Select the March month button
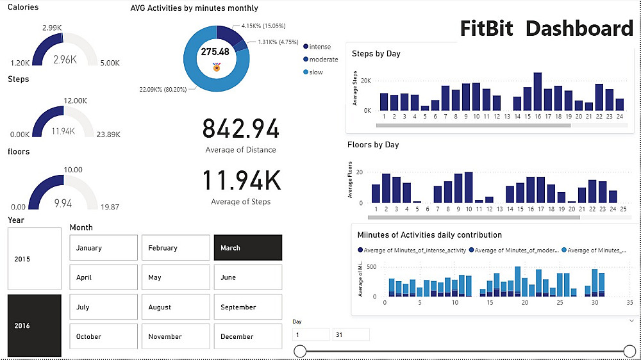(247, 248)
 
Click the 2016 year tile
(35, 325)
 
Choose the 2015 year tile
(35, 259)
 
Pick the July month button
(103, 307)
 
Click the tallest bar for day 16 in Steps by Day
(537, 92)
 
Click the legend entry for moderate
(323, 59)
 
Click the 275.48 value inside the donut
(215, 52)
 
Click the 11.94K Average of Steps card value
(241, 181)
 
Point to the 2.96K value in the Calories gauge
(64, 60)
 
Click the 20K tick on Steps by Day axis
(365, 81)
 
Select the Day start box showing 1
(311, 334)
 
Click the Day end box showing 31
(351, 334)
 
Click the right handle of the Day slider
(629, 350)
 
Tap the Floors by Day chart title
(373, 145)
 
